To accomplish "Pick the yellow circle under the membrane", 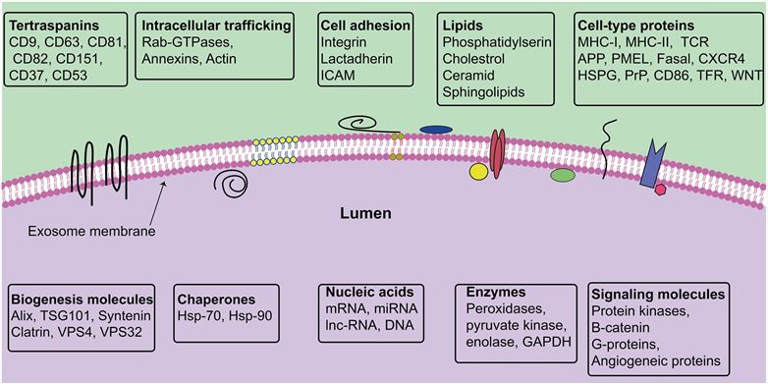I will coord(479,172).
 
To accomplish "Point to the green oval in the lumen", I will coord(563,176).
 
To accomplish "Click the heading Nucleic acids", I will coord(374,292).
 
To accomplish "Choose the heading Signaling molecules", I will coord(658,294).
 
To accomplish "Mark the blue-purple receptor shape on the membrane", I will coord(652,164).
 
